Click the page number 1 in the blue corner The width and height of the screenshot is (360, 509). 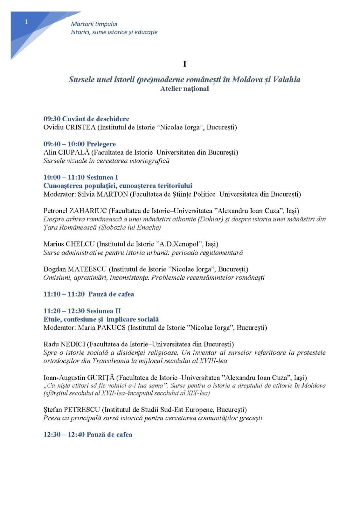click(x=26, y=22)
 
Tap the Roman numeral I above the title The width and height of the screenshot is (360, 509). click(x=185, y=64)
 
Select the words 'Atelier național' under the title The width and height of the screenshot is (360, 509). click(x=184, y=89)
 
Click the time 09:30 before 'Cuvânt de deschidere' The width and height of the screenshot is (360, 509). click(x=52, y=119)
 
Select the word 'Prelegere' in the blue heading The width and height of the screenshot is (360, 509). click(x=101, y=144)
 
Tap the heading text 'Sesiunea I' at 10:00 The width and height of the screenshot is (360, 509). click(x=102, y=177)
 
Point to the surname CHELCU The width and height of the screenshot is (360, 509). click(x=80, y=244)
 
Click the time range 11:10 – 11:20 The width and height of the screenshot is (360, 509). click(x=64, y=294)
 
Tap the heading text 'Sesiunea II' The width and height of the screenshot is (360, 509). click(x=103, y=311)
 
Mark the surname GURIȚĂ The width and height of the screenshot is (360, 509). click(x=101, y=378)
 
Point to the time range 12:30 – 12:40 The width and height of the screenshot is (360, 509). click(x=64, y=435)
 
